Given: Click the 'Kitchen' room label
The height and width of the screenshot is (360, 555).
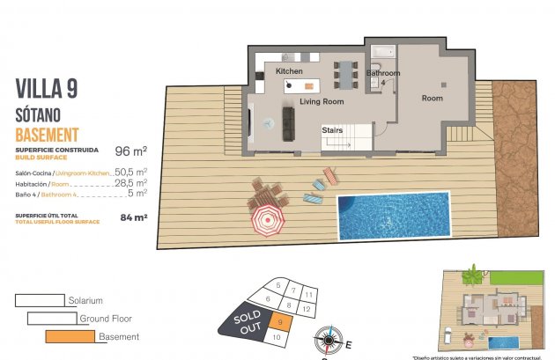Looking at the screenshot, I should click(x=289, y=70).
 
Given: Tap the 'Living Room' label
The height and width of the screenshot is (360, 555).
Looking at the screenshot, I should click(x=321, y=102).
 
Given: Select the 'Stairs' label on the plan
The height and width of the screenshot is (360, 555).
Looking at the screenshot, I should click(x=332, y=129).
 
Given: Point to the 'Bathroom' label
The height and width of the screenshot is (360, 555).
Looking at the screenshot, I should click(x=383, y=74).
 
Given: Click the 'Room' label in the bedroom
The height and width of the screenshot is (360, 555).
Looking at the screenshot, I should click(x=432, y=98).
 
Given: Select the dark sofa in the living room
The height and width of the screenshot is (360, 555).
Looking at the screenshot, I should click(x=288, y=123).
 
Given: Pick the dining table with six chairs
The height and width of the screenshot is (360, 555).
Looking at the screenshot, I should click(x=344, y=73).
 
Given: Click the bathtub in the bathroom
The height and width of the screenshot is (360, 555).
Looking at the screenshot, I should click(x=383, y=52).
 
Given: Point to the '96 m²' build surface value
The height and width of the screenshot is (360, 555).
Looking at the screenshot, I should click(x=130, y=151).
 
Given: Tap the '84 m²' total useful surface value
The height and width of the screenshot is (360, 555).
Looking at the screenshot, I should click(x=133, y=216).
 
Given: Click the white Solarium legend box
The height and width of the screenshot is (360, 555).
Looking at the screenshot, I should click(x=40, y=300).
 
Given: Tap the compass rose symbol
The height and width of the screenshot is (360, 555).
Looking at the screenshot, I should click(x=327, y=338).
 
